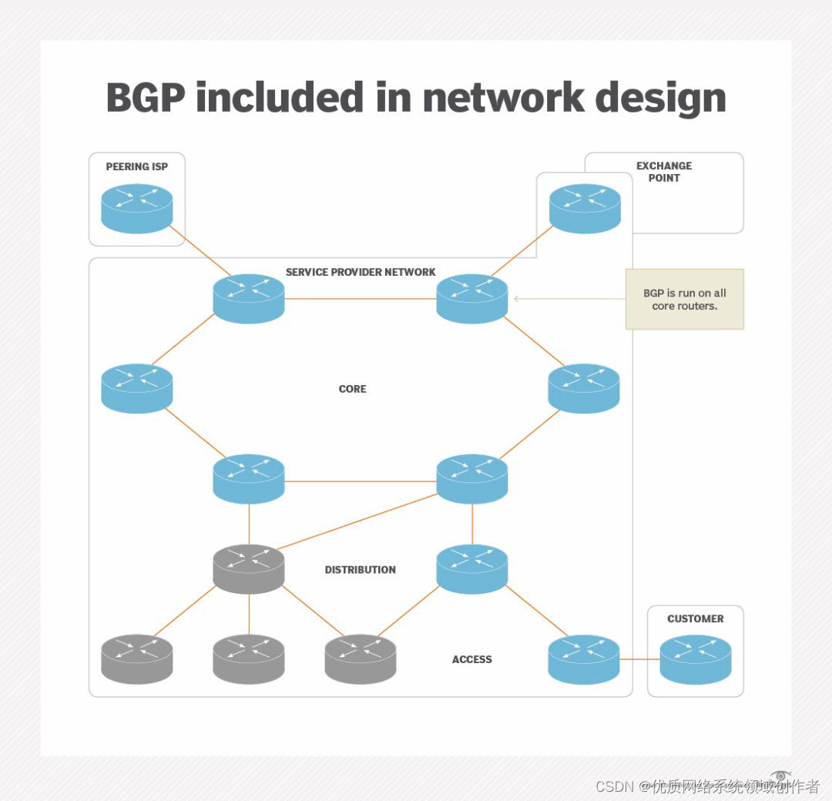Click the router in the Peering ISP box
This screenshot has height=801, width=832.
coord(137,208)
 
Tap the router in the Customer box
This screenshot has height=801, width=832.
coord(696,659)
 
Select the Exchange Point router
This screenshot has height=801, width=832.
coord(585,208)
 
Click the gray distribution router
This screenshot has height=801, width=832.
coord(249,568)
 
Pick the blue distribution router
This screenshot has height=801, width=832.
coord(472,568)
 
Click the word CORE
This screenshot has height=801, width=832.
coord(353,389)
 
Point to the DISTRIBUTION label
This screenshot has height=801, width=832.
coord(360,570)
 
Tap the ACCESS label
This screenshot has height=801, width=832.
coord(471,659)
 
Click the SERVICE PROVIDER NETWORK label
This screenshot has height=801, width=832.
coord(361,272)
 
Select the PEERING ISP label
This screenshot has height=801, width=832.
coord(137,166)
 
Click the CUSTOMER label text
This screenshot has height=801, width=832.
coord(696,618)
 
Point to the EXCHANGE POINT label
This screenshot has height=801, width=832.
coord(664,172)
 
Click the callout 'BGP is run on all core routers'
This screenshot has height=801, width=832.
coord(684,299)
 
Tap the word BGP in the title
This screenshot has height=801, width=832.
coord(145,99)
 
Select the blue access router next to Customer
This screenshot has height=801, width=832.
coord(584,659)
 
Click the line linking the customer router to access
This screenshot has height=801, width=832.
coord(639,659)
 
